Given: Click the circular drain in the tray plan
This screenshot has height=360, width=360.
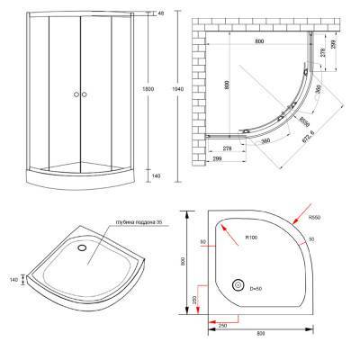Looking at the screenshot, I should coord(237,284).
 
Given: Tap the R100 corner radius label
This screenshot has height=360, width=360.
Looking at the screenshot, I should coord(252,238).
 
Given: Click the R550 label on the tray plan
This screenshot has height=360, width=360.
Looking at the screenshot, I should coord(340,216).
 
